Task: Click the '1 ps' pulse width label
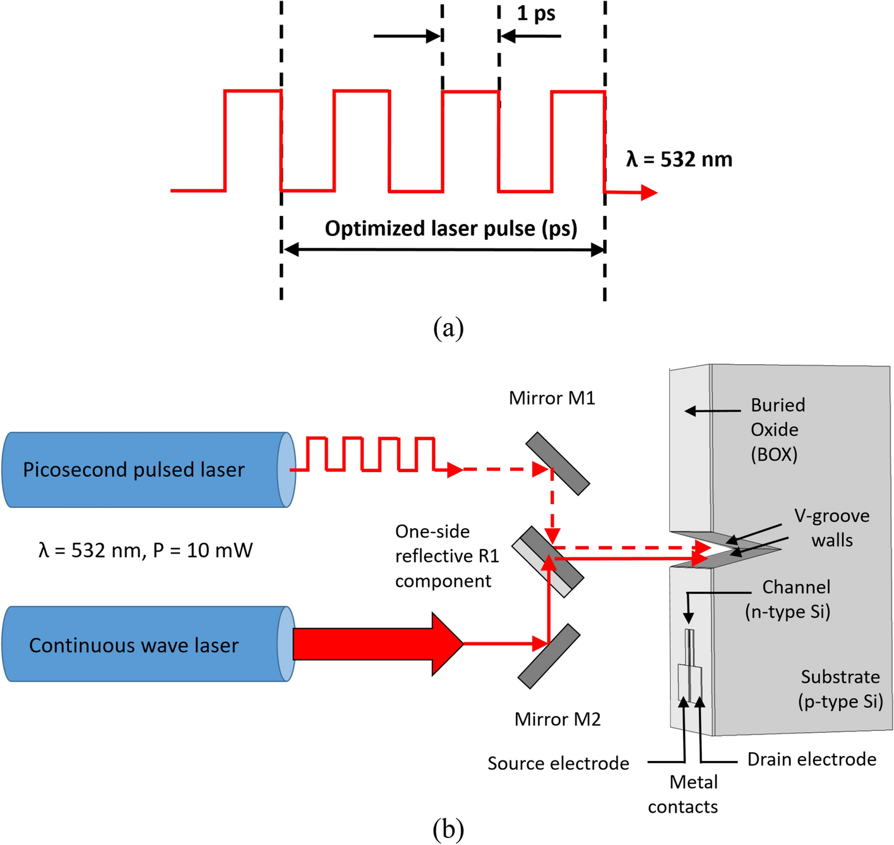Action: point(536,13)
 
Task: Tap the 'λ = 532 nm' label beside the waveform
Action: point(679,159)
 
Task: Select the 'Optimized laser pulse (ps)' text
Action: point(451,228)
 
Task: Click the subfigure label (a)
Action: point(448,328)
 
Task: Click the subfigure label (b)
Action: point(448,828)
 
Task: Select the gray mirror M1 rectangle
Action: point(557,463)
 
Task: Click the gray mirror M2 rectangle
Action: point(549,656)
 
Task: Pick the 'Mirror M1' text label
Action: point(552,398)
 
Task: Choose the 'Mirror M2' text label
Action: point(557,719)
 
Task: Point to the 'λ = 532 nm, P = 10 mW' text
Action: point(145,550)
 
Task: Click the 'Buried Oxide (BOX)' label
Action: point(777,430)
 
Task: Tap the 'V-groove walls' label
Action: point(831,528)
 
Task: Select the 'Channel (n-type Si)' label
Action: point(789,600)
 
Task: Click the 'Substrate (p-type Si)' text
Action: point(840,689)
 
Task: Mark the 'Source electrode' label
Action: point(558,764)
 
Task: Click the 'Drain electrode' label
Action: point(811,759)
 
